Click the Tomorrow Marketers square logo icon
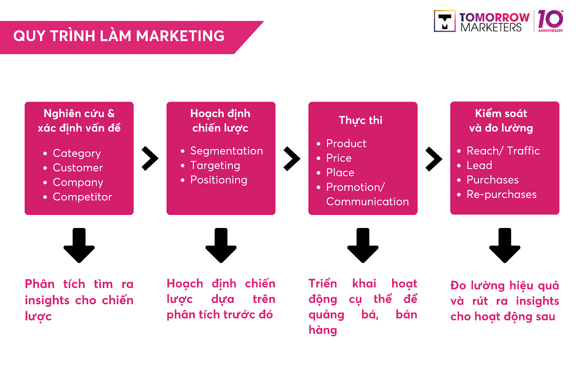tap(444, 21)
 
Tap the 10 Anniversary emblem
tap(550, 21)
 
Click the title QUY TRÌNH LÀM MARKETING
tap(119, 36)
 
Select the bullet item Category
tap(77, 153)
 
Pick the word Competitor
tap(82, 197)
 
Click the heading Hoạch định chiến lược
tap(220, 121)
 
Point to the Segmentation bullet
tap(226, 151)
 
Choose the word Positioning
tap(219, 180)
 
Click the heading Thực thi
tap(361, 120)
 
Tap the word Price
tap(339, 158)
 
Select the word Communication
tap(367, 201)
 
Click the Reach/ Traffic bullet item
tap(503, 151)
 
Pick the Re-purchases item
tap(501, 194)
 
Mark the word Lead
tap(479, 165)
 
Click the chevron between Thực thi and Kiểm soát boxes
tap(434, 159)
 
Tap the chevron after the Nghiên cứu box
tap(150, 158)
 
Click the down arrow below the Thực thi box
tap(363, 245)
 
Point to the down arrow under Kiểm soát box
tap(505, 245)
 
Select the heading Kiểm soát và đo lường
tap(501, 121)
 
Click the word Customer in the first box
tap(78, 168)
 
